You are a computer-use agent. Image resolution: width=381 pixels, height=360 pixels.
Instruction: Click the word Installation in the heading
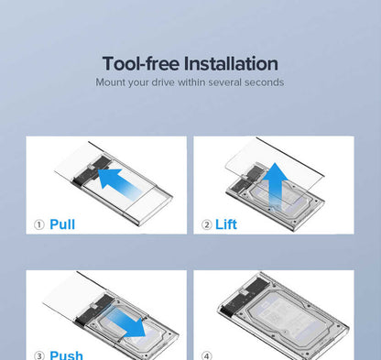(231, 63)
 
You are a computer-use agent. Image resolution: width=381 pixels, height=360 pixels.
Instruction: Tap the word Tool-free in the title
(141, 63)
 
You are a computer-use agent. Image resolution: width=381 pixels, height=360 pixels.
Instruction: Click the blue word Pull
(62, 224)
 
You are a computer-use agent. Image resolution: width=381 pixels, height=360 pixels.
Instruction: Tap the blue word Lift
(226, 224)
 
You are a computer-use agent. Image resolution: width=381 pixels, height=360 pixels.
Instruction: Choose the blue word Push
(66, 355)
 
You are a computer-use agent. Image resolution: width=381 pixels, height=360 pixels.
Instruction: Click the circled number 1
(39, 224)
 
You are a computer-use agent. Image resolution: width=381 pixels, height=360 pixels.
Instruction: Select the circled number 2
(207, 224)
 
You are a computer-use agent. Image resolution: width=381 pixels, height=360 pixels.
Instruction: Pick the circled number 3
(39, 355)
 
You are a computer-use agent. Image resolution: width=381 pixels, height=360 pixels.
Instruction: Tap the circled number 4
(207, 355)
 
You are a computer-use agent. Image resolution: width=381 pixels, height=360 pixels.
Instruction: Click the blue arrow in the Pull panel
(119, 182)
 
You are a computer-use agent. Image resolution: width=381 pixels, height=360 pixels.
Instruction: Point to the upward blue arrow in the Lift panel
(276, 186)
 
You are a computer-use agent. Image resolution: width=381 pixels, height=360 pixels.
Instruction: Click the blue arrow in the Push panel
(126, 323)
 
